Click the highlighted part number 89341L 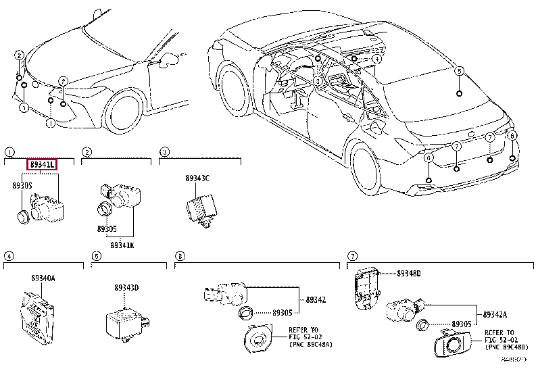click(x=41, y=164)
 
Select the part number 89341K click(x=122, y=245)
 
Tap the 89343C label click(x=197, y=178)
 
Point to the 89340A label click(x=43, y=278)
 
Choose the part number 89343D click(x=126, y=288)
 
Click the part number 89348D click(x=408, y=274)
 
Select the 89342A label click(x=495, y=314)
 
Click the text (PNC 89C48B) click(x=511, y=347)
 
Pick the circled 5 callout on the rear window click(x=459, y=71)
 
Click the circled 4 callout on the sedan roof click(x=376, y=59)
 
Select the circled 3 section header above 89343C click(x=164, y=152)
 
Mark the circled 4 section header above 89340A click(x=9, y=256)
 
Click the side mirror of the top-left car click(x=165, y=59)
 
